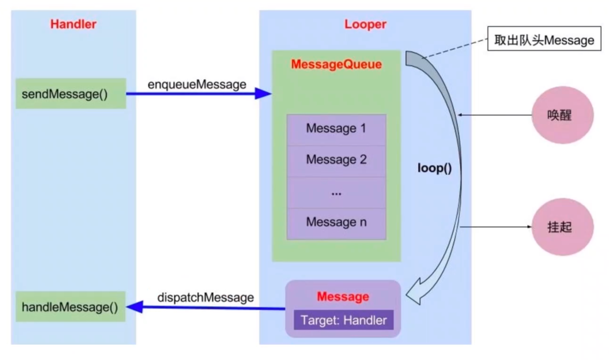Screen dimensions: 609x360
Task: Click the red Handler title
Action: pos(73,24)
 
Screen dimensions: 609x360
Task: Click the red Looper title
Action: pos(365,24)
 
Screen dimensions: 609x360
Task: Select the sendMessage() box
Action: pos(71,94)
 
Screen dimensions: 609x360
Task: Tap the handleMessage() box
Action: pos(70,306)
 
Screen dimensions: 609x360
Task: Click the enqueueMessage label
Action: pos(197,84)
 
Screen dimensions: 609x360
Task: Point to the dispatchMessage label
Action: pos(205,298)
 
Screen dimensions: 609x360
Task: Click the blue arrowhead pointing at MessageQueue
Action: pos(263,93)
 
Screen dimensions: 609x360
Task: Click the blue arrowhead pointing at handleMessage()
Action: pos(135,307)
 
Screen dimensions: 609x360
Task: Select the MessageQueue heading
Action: pos(336,64)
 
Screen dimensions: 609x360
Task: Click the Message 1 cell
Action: pos(336,130)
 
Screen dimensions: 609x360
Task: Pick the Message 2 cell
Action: pos(336,161)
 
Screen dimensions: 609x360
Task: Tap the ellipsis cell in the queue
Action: pos(336,193)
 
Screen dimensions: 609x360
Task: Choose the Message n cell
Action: pos(336,224)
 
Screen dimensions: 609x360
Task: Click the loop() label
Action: pos(435,168)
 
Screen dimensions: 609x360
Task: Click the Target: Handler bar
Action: pos(344,320)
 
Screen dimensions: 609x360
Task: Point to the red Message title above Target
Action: pos(343,297)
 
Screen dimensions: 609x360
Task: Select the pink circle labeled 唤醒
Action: pos(562,115)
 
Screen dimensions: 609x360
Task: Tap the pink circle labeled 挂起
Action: pos(562,227)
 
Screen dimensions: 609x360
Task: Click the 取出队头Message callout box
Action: pos(544,39)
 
